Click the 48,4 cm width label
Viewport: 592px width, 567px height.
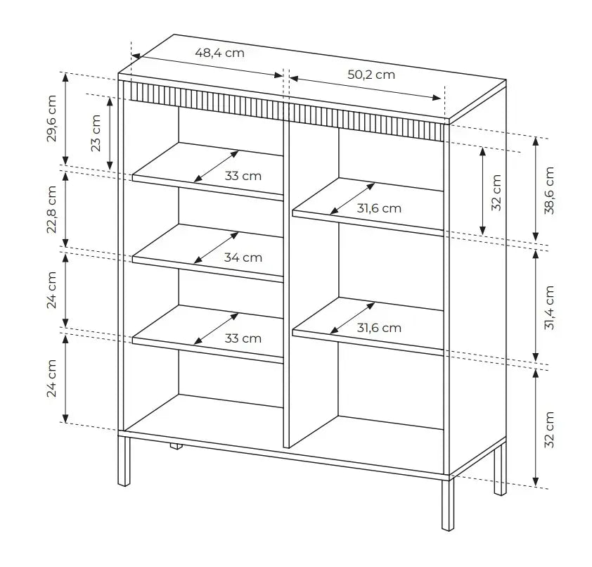pyautogui.click(x=219, y=53)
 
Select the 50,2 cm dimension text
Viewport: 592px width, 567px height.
pyautogui.click(x=371, y=75)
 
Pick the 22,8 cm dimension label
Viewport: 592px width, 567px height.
pyautogui.click(x=52, y=210)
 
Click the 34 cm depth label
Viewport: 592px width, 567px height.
pyautogui.click(x=243, y=257)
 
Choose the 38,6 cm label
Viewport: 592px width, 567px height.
pyautogui.click(x=549, y=190)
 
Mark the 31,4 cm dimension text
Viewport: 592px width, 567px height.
pyautogui.click(x=549, y=307)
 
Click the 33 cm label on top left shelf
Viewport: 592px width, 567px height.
pyautogui.click(x=243, y=176)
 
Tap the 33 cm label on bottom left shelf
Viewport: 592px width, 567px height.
pyautogui.click(x=243, y=338)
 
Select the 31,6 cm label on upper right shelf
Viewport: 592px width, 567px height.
pyautogui.click(x=379, y=208)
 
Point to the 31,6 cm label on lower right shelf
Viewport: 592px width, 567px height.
pyautogui.click(x=379, y=328)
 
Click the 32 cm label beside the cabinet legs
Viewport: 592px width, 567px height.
pyautogui.click(x=549, y=429)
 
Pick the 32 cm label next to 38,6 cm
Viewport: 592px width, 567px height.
pyautogui.click(x=496, y=192)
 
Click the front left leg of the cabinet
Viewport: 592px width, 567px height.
pyautogui.click(x=124, y=461)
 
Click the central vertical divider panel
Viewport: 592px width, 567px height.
pyautogui.click(x=286, y=281)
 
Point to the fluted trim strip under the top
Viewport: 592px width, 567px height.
pyautogui.click(x=281, y=108)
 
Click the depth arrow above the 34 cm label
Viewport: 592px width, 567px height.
pyautogui.click(x=216, y=247)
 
